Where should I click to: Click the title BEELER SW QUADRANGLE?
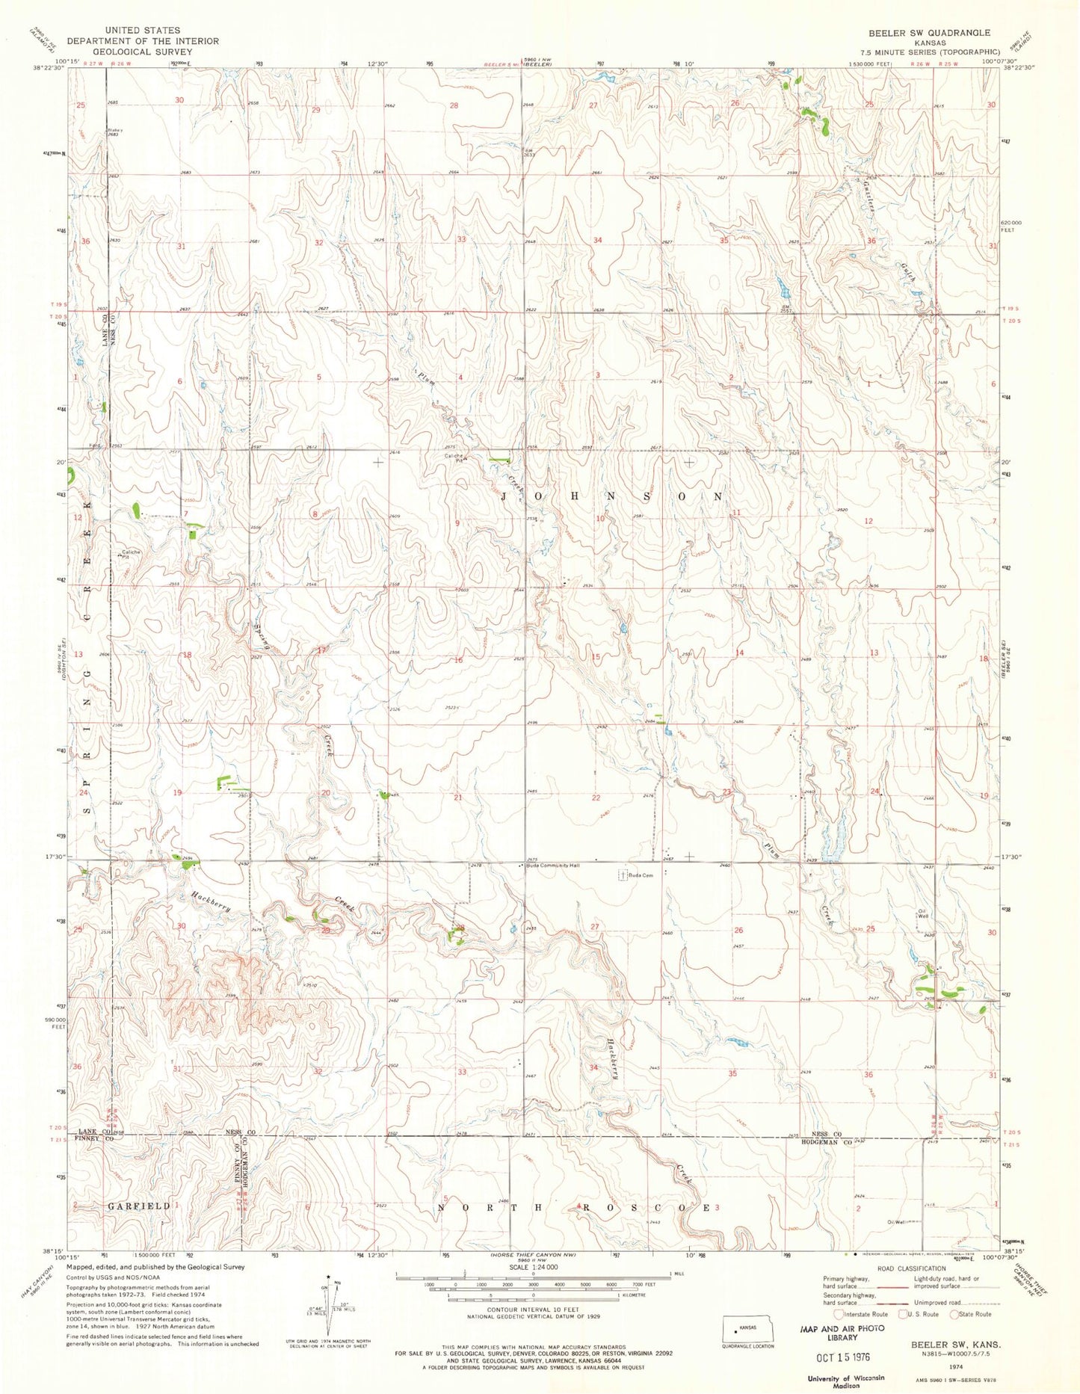click(928, 33)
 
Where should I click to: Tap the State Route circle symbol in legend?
click(954, 1314)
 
